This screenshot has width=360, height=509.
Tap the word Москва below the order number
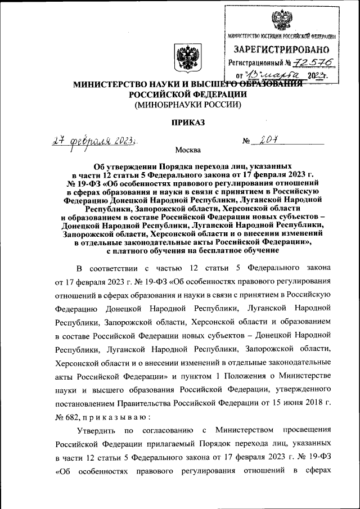[x=187, y=150]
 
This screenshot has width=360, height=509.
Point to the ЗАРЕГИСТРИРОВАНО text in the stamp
[x=278, y=50]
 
